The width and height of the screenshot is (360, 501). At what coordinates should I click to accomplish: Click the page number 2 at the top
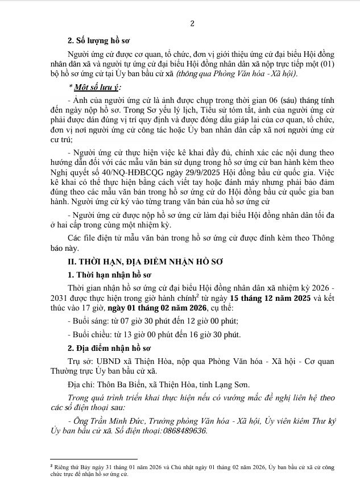192,23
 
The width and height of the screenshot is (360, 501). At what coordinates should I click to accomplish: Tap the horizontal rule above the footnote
94,458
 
